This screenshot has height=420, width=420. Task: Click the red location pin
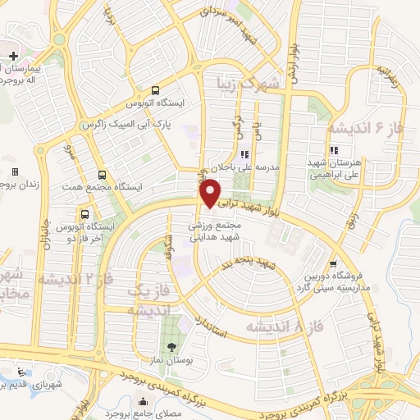[x=211, y=193]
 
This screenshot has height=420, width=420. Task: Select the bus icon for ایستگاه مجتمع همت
[x=101, y=174]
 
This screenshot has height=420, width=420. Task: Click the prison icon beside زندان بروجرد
[x=14, y=172]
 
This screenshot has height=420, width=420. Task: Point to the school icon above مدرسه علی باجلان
[x=244, y=154]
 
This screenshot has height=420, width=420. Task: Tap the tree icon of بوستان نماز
[x=171, y=346]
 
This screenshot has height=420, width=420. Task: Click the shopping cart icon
[x=332, y=264]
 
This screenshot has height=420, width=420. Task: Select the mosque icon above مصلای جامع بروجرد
[x=144, y=402]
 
